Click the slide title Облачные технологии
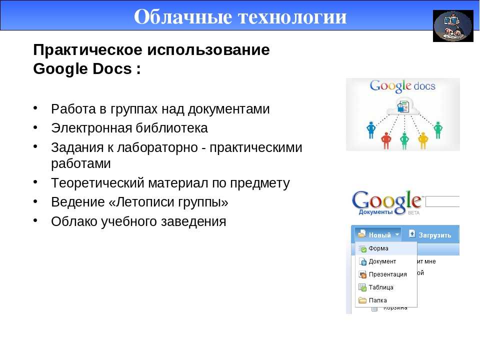pyautogui.click(x=240, y=16)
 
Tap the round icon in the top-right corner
pyautogui.click(x=453, y=26)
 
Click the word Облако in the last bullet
pyautogui.click(x=74, y=221)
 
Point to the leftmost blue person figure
pyautogui.click(x=371, y=130)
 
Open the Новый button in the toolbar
pyautogui.click(x=378, y=235)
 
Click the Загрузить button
pyautogui.click(x=430, y=235)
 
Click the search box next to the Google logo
pyautogui.click(x=442, y=201)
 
